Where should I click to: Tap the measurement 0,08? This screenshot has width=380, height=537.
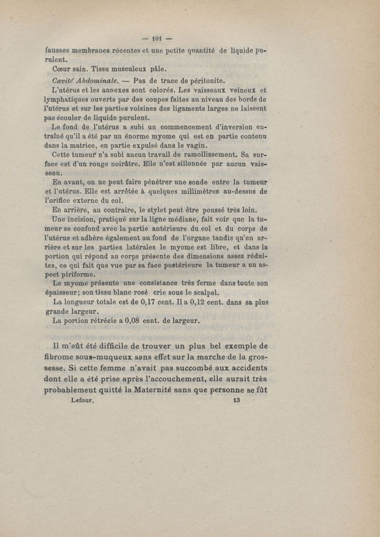(131, 320)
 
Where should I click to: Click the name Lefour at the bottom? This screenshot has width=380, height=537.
(84, 400)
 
